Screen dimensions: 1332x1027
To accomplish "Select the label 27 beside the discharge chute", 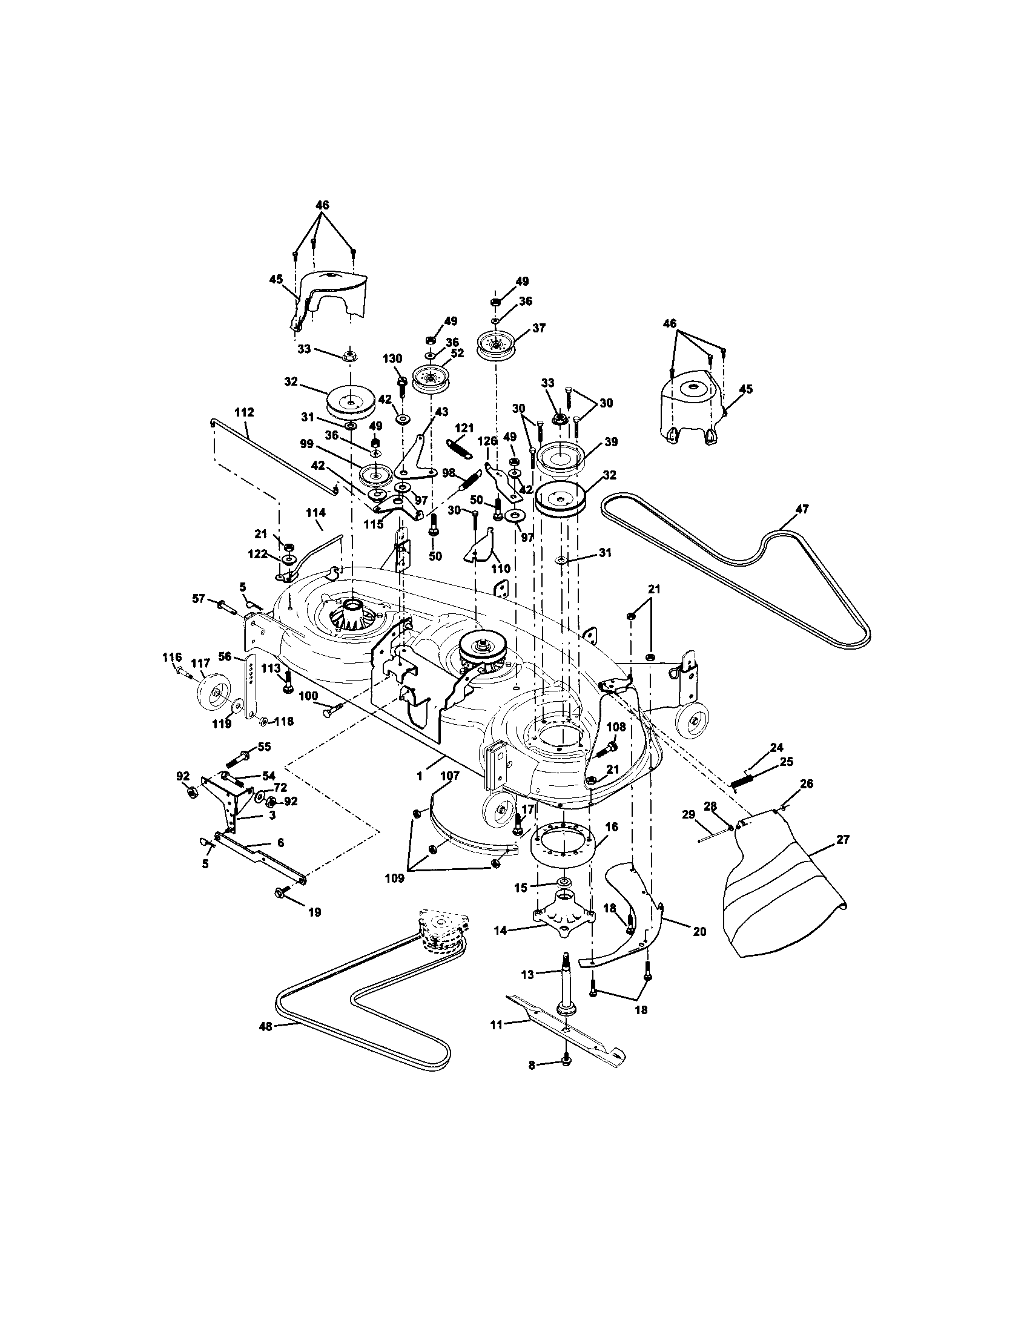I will tap(842, 840).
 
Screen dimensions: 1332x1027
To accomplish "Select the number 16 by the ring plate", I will tap(612, 826).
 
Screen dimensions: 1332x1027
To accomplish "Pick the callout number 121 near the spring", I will tap(463, 429).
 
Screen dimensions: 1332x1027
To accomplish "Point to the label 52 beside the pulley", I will tap(457, 353).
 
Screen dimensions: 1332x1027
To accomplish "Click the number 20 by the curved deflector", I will tap(699, 931).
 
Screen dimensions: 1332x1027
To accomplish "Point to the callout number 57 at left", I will tap(198, 599).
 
